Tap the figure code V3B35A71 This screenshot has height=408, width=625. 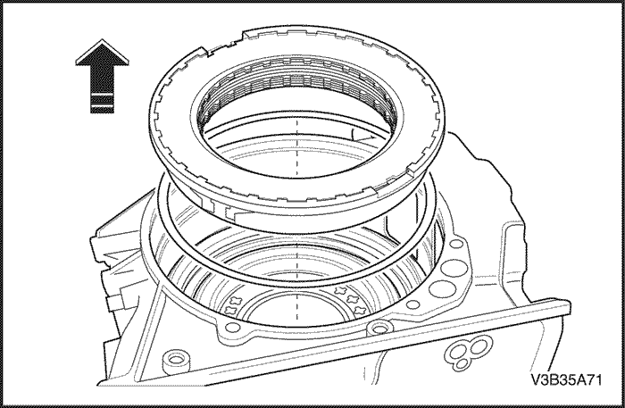pos(566,379)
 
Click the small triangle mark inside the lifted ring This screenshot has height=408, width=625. pos(362,136)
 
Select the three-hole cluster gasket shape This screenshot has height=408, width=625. pos(469,352)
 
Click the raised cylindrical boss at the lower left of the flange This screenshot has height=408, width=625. pos(175,361)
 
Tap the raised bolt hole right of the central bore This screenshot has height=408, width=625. pos(378,329)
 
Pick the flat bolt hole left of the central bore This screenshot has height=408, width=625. pos(232,329)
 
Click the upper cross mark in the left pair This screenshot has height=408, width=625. pos(235,301)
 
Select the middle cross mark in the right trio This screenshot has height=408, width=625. pos(354,299)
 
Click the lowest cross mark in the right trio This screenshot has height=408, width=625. pos(361,309)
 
